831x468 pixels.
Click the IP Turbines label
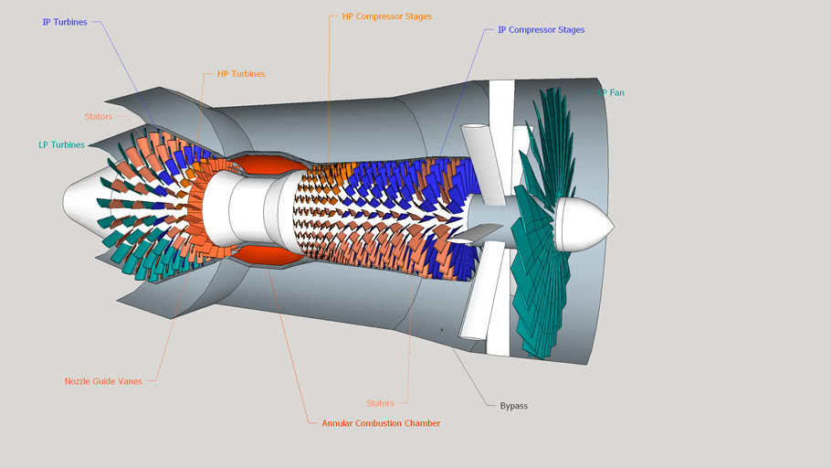tap(65, 22)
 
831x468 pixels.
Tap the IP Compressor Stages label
tap(541, 30)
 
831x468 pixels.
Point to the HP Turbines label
tap(241, 74)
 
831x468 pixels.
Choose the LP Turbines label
tap(61, 144)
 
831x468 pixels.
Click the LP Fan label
tap(611, 92)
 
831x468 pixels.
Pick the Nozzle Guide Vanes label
tap(103, 381)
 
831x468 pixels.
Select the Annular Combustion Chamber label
tap(381, 423)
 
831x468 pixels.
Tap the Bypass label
tap(513, 405)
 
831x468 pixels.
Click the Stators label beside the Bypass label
tap(380, 403)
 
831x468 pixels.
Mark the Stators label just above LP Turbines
tap(98, 117)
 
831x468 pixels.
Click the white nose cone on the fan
tap(584, 226)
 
